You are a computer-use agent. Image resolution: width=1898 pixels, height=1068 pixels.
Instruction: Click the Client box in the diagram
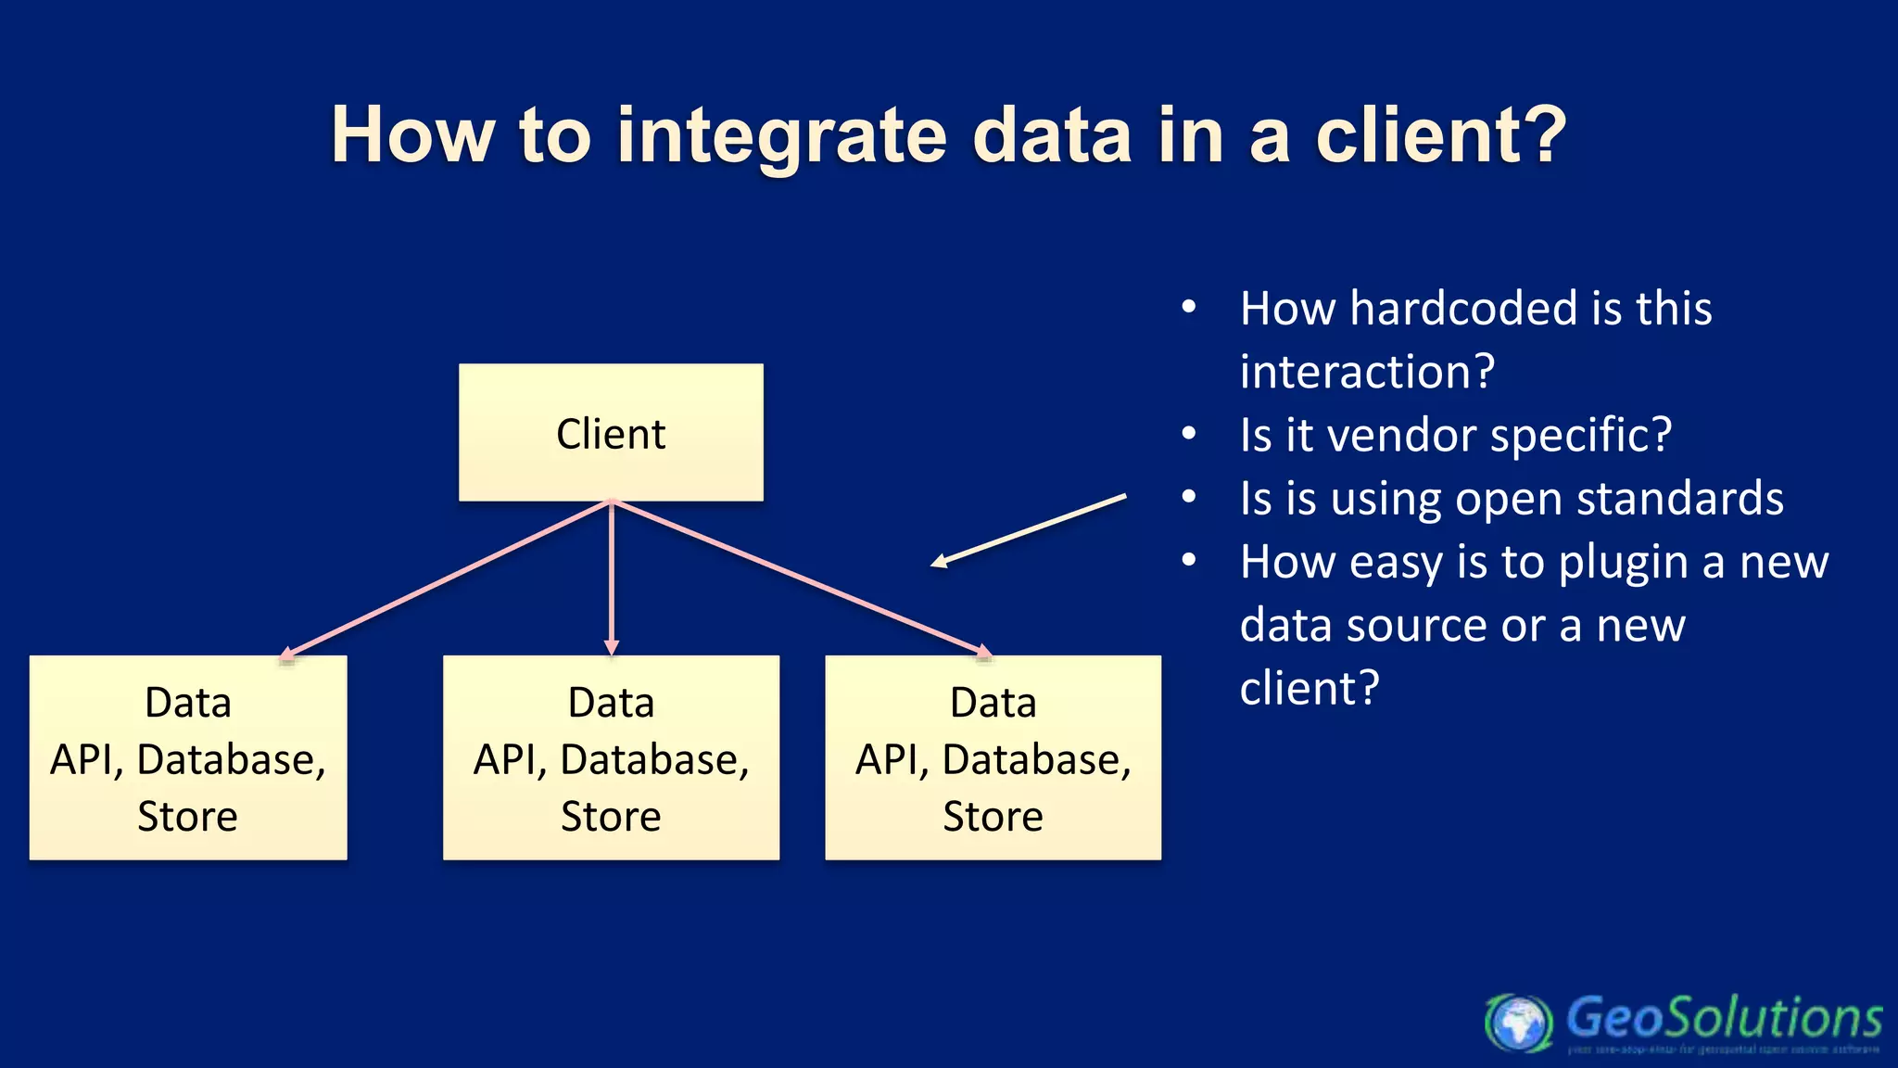[611, 433]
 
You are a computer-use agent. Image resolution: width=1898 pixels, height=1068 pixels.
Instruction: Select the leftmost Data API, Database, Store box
[188, 757]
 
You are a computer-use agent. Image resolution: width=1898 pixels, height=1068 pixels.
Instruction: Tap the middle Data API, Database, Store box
[611, 757]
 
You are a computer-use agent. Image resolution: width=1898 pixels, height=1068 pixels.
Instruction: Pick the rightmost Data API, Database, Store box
[993, 757]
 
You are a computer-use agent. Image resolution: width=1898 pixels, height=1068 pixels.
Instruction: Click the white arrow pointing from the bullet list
[1029, 530]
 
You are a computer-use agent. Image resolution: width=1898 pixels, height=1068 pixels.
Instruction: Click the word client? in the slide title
[1440, 135]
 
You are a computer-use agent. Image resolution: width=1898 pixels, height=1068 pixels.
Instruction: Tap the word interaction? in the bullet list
[1367, 372]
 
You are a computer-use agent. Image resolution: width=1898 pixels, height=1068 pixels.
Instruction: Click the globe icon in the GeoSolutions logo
[1517, 1023]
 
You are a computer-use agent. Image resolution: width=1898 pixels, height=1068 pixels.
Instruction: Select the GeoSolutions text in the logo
[1724, 1018]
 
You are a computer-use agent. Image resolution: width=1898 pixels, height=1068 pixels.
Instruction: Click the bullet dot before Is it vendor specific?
[1189, 434]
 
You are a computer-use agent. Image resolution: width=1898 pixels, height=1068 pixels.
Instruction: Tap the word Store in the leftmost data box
[188, 817]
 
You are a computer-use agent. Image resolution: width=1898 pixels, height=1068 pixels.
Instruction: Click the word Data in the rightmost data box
[993, 703]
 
